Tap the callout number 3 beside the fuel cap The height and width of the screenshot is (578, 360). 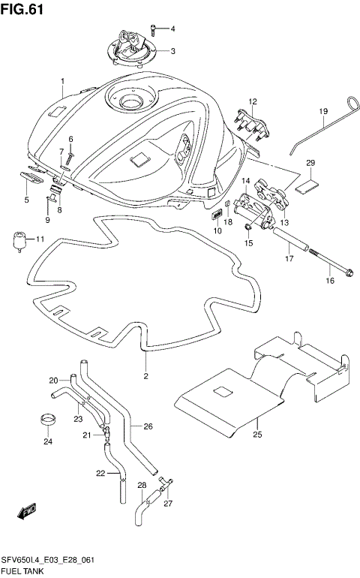click(172, 52)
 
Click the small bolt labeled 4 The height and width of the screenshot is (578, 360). click(154, 29)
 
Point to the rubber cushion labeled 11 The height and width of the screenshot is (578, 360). click(21, 241)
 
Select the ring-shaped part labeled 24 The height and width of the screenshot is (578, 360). click(48, 420)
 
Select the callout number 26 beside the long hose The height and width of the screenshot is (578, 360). click(148, 427)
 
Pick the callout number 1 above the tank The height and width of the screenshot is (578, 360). click(63, 81)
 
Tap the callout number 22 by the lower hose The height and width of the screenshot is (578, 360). click(100, 473)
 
